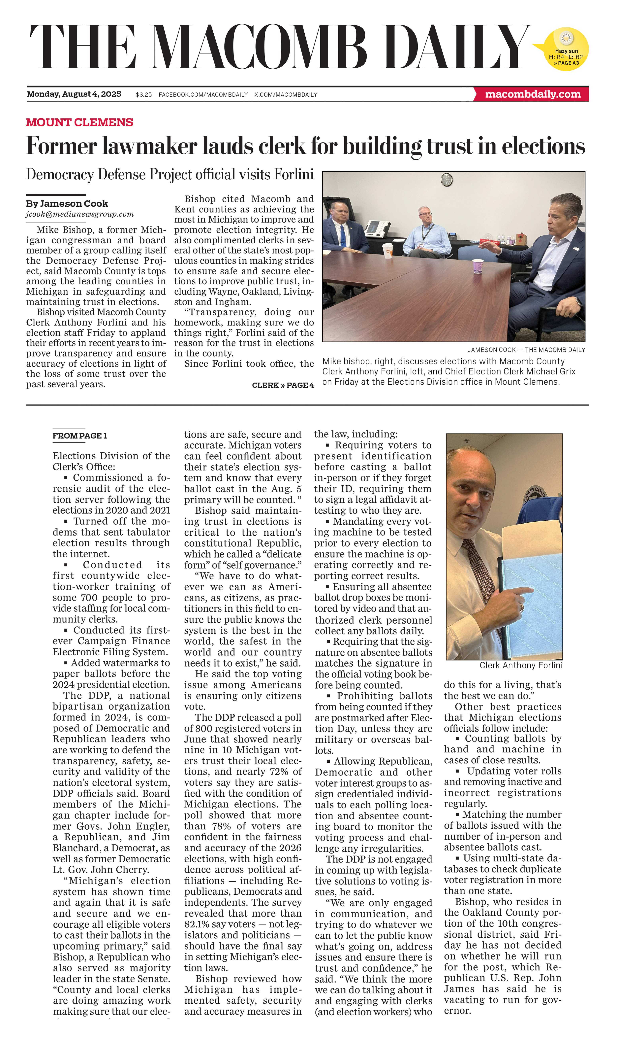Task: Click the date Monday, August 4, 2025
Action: (74, 94)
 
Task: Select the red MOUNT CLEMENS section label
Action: (79, 122)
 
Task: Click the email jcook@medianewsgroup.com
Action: (80, 214)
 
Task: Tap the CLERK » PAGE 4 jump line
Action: (283, 385)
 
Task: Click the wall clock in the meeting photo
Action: (447, 180)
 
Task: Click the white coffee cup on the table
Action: (387, 251)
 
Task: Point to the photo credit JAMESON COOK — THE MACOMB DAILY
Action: (526, 350)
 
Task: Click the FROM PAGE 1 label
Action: (79, 436)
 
